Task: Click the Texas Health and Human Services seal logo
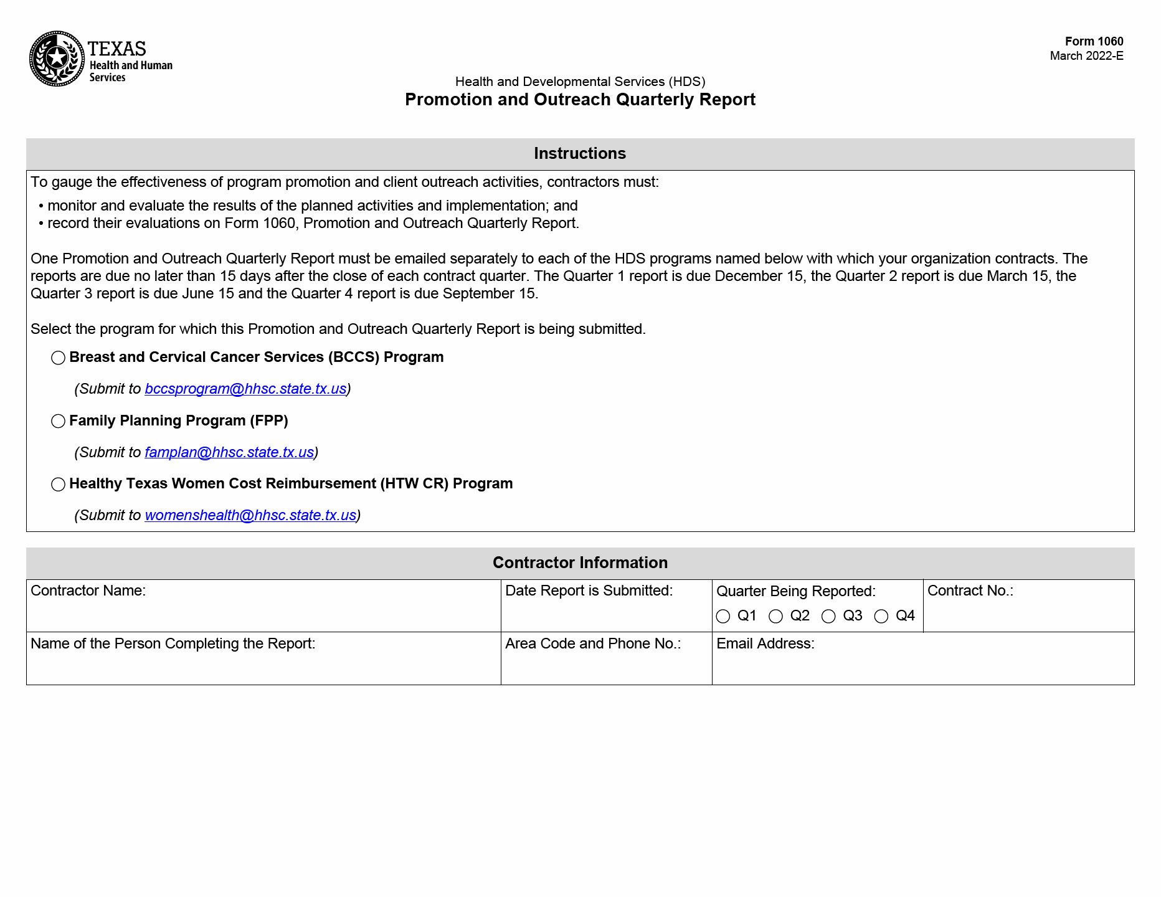tap(57, 59)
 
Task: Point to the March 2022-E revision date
tap(1086, 56)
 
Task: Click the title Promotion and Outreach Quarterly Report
tap(580, 100)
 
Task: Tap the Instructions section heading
tap(580, 153)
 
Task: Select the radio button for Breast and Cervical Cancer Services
tap(58, 358)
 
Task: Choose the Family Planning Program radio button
tap(58, 421)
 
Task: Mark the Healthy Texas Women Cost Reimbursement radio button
tap(58, 484)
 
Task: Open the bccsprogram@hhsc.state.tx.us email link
tap(245, 389)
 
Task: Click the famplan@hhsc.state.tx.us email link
tap(229, 452)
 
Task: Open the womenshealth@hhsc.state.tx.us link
tap(250, 515)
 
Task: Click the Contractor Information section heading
tap(580, 562)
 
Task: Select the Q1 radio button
tap(723, 616)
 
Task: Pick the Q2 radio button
tap(775, 616)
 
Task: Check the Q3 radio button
tap(828, 616)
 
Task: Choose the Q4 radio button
tap(881, 616)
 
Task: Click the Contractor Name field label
tap(88, 591)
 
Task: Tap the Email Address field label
tap(765, 643)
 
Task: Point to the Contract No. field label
tap(970, 591)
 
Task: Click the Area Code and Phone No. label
tap(592, 643)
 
